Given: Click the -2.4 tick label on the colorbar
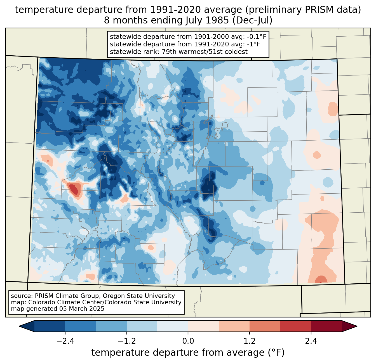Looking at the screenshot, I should point(65,341).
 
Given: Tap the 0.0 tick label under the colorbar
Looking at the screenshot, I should point(188,341).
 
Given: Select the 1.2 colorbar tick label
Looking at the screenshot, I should point(250,341).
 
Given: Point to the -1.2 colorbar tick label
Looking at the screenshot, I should point(127,341).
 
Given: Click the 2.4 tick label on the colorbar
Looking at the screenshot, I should point(311,341).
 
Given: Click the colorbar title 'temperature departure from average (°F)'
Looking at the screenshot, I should point(188,353).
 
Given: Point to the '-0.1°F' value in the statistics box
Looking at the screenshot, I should point(256,37).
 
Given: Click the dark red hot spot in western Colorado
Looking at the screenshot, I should point(74,189).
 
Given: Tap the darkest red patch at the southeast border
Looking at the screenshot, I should point(321,279).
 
